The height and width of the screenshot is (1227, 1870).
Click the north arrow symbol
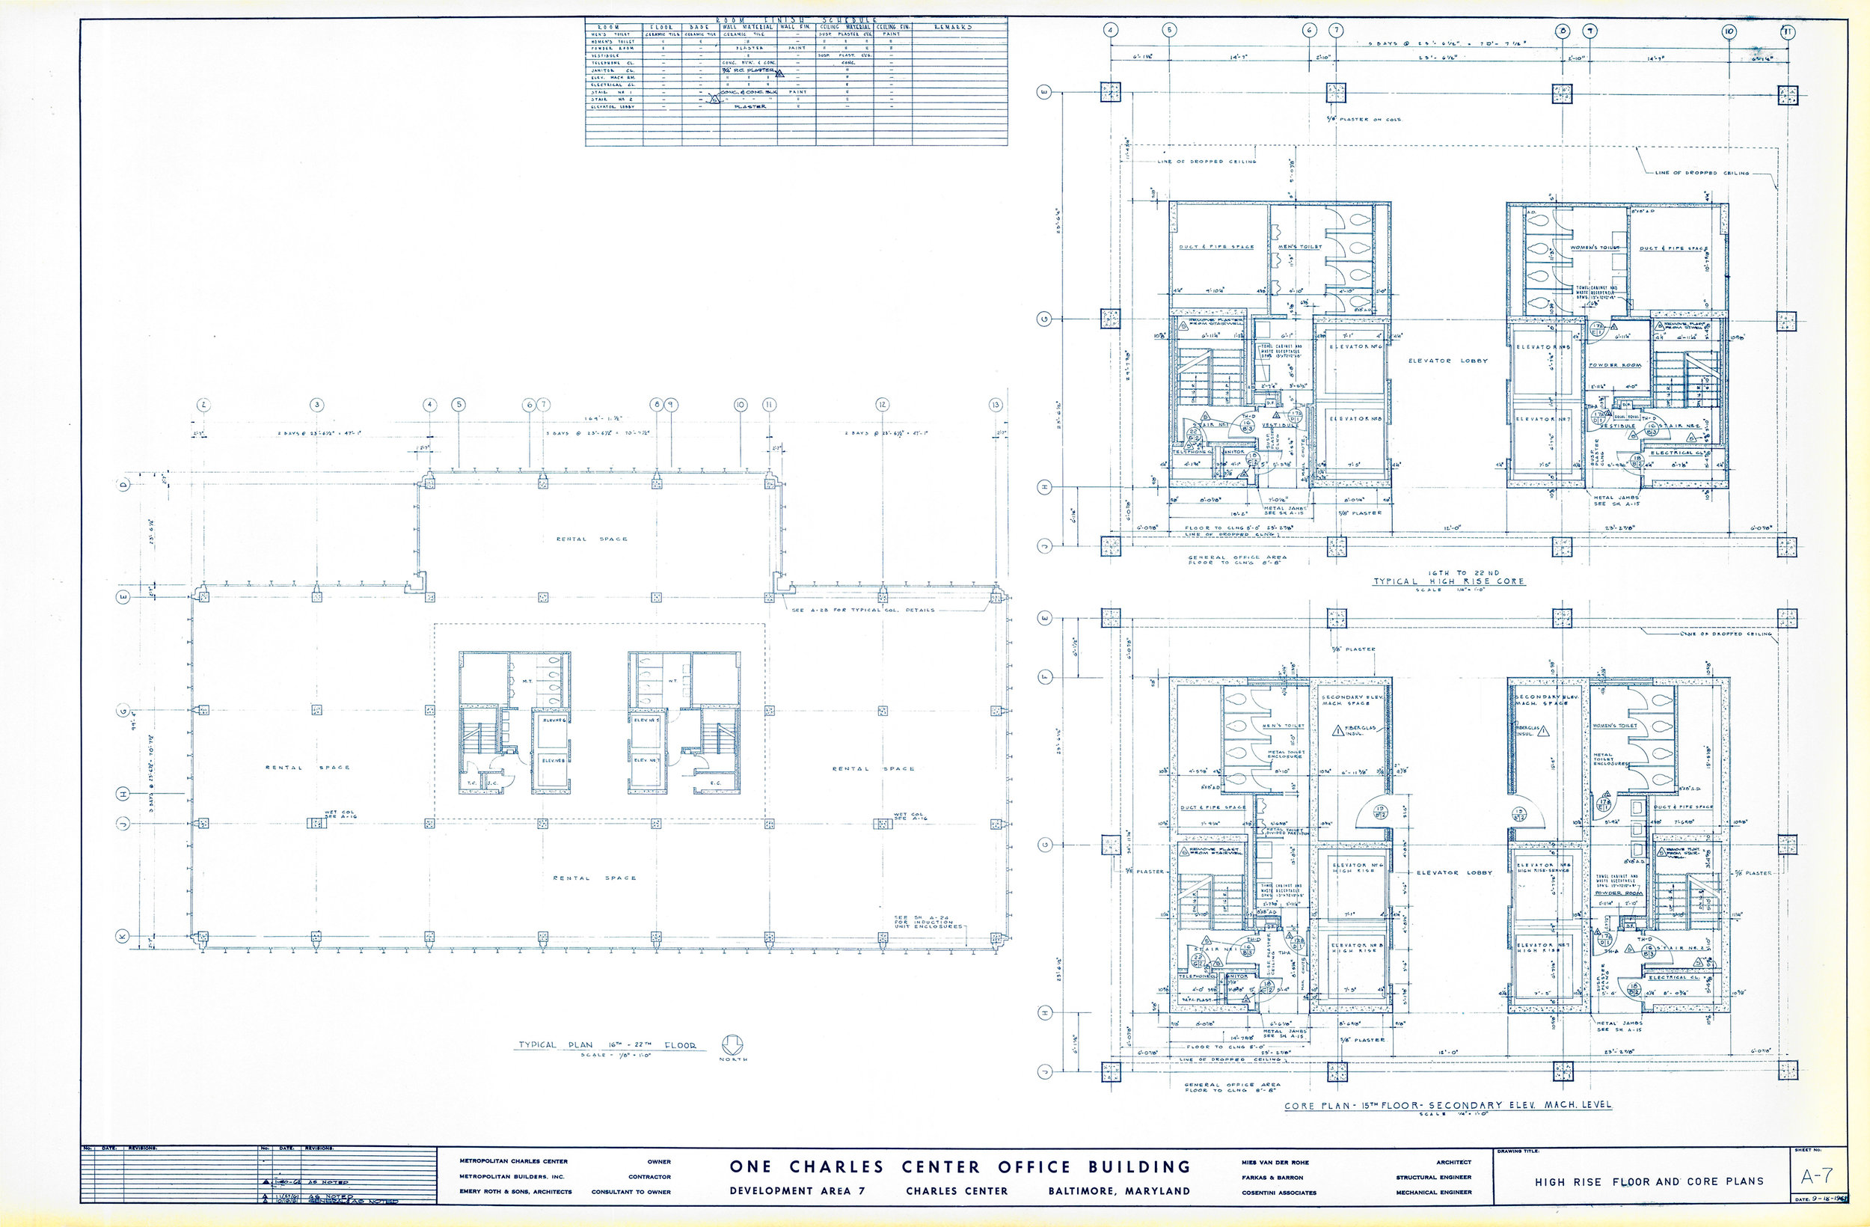[x=732, y=1044]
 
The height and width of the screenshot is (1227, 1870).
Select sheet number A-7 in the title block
[x=1817, y=1176]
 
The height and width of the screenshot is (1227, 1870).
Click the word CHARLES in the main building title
[x=837, y=1167]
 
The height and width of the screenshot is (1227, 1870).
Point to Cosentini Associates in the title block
[x=1278, y=1193]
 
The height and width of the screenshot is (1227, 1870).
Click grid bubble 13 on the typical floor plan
[x=996, y=405]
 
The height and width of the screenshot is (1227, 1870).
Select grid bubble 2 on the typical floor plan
[x=203, y=405]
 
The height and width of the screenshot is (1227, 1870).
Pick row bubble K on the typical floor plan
[x=123, y=937]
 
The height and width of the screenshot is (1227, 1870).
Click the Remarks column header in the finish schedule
[x=953, y=27]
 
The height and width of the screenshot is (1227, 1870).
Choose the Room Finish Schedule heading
[x=796, y=19]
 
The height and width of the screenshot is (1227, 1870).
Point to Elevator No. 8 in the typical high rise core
[x=1355, y=419]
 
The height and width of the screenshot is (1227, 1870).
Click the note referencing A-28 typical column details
[x=863, y=610]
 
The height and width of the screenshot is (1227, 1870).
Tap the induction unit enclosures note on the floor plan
[x=927, y=922]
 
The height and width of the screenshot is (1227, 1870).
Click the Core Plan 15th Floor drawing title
[x=1447, y=1105]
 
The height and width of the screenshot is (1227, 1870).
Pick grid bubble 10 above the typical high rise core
[x=1729, y=31]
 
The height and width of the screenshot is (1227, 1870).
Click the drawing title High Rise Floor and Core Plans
[x=1649, y=1181]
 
